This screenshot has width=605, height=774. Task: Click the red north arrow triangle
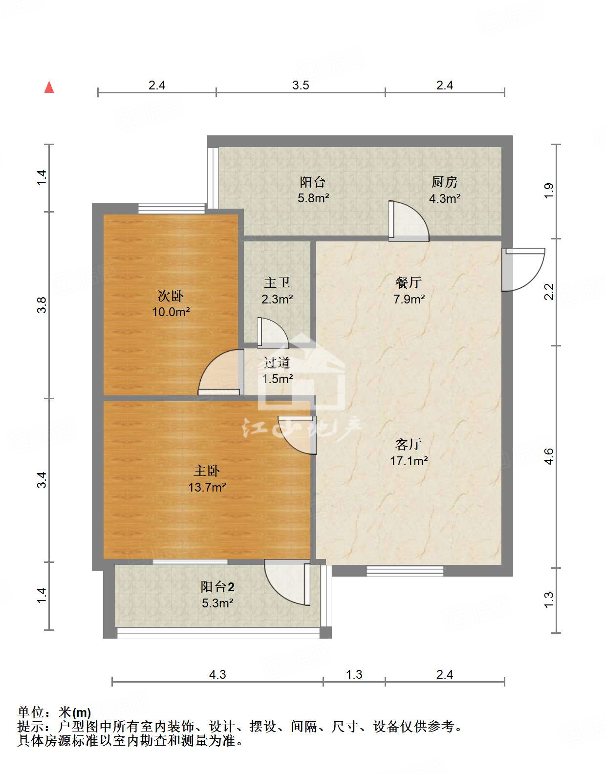pos(49,87)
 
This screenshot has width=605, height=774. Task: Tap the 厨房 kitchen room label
pos(444,182)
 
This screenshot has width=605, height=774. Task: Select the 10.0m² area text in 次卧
pos(171,312)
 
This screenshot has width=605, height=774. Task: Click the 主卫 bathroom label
pos(277,283)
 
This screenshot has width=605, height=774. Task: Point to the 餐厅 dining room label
pos(408,283)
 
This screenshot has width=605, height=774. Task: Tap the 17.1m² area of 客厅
pos(409,461)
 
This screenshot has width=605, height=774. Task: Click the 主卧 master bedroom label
pos(207,471)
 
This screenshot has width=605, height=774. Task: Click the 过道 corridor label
pos(277,363)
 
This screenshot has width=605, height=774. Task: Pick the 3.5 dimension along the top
pos(301,86)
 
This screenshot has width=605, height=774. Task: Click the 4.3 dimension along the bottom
pos(217,675)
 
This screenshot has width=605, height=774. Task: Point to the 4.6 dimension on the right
pos(549,457)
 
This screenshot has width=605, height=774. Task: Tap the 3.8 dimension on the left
pos(42,305)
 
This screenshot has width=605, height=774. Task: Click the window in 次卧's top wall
pos(172,208)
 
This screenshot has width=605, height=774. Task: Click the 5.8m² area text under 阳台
pos(313,198)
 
